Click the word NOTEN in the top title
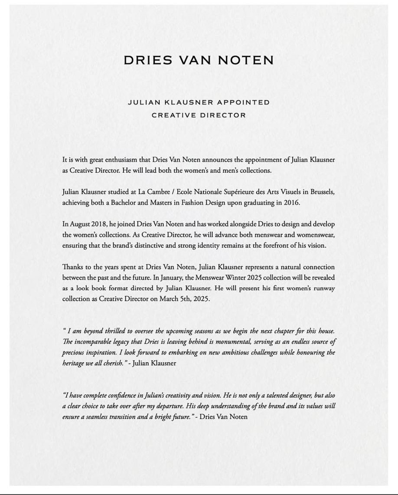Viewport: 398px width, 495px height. click(x=245, y=60)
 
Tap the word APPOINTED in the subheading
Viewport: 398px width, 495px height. click(x=243, y=102)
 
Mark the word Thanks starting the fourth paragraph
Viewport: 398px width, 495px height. click(x=72, y=267)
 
